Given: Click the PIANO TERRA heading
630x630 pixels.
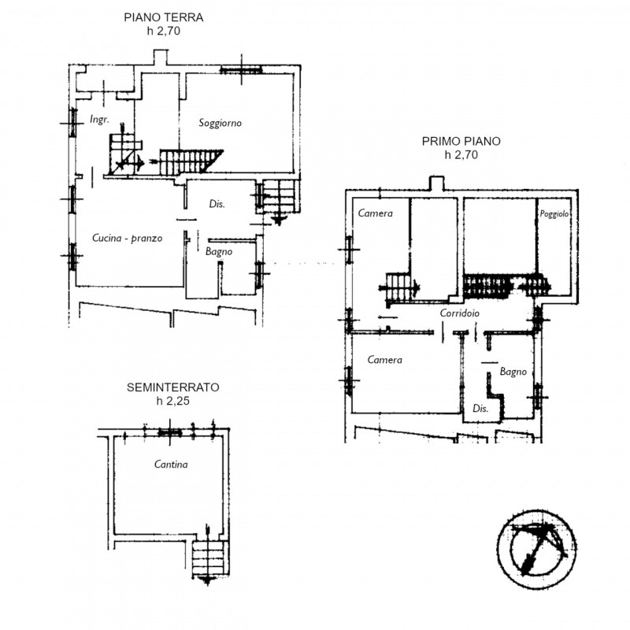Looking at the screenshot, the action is pos(164,17).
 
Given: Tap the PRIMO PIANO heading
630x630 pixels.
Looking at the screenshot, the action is pos(461,141).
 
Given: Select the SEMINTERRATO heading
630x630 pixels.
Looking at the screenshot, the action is pos(172,387).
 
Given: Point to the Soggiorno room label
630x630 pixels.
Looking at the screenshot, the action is pos(220,123).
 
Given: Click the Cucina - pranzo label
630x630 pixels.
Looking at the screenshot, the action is pos(128,238).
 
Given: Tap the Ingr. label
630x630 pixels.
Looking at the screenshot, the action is pos(100,120).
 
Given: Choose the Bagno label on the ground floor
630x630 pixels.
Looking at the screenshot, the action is pos(219,252).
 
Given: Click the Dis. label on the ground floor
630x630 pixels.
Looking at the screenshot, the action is pos(217,204).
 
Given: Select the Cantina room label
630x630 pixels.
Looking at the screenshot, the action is pos(171,465).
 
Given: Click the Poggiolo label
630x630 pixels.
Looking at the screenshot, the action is pos(554,213).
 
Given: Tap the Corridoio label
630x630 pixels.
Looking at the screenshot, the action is pos(460,313).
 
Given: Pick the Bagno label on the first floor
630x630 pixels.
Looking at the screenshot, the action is pos(513,372).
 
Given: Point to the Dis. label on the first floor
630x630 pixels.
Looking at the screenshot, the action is pos(480,409).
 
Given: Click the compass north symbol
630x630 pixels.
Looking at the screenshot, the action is pos(536,549).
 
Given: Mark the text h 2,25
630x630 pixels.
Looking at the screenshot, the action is pos(172,401).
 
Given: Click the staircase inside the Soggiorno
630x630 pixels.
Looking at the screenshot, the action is pos(191,162).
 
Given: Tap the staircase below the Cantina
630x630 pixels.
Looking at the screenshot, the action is pos(208,559).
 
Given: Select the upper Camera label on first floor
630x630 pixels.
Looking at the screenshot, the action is pos(376,213).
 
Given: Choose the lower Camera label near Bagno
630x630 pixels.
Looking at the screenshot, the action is pos(385,360).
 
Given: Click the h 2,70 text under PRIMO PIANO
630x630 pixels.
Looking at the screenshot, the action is pos(461,154).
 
